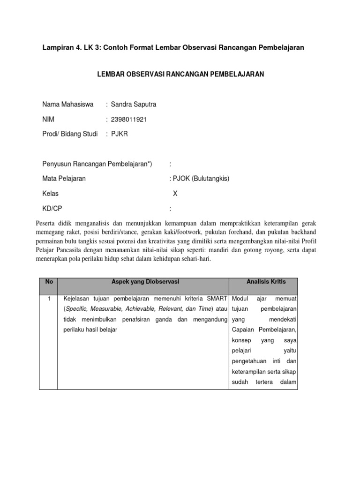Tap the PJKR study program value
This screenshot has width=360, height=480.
click(x=119, y=134)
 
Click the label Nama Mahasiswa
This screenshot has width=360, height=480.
click(x=68, y=104)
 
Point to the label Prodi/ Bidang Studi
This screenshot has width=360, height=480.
click(x=70, y=134)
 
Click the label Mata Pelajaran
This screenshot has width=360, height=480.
click(x=64, y=178)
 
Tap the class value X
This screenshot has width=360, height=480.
click(x=175, y=193)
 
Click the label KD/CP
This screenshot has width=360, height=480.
click(x=52, y=208)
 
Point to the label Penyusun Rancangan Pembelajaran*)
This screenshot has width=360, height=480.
click(x=97, y=163)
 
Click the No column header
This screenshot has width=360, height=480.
click(x=48, y=282)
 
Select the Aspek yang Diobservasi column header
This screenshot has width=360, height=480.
click(x=142, y=282)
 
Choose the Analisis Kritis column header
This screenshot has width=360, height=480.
click(x=266, y=282)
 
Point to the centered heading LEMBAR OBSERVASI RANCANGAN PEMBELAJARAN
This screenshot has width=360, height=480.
click(x=180, y=75)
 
